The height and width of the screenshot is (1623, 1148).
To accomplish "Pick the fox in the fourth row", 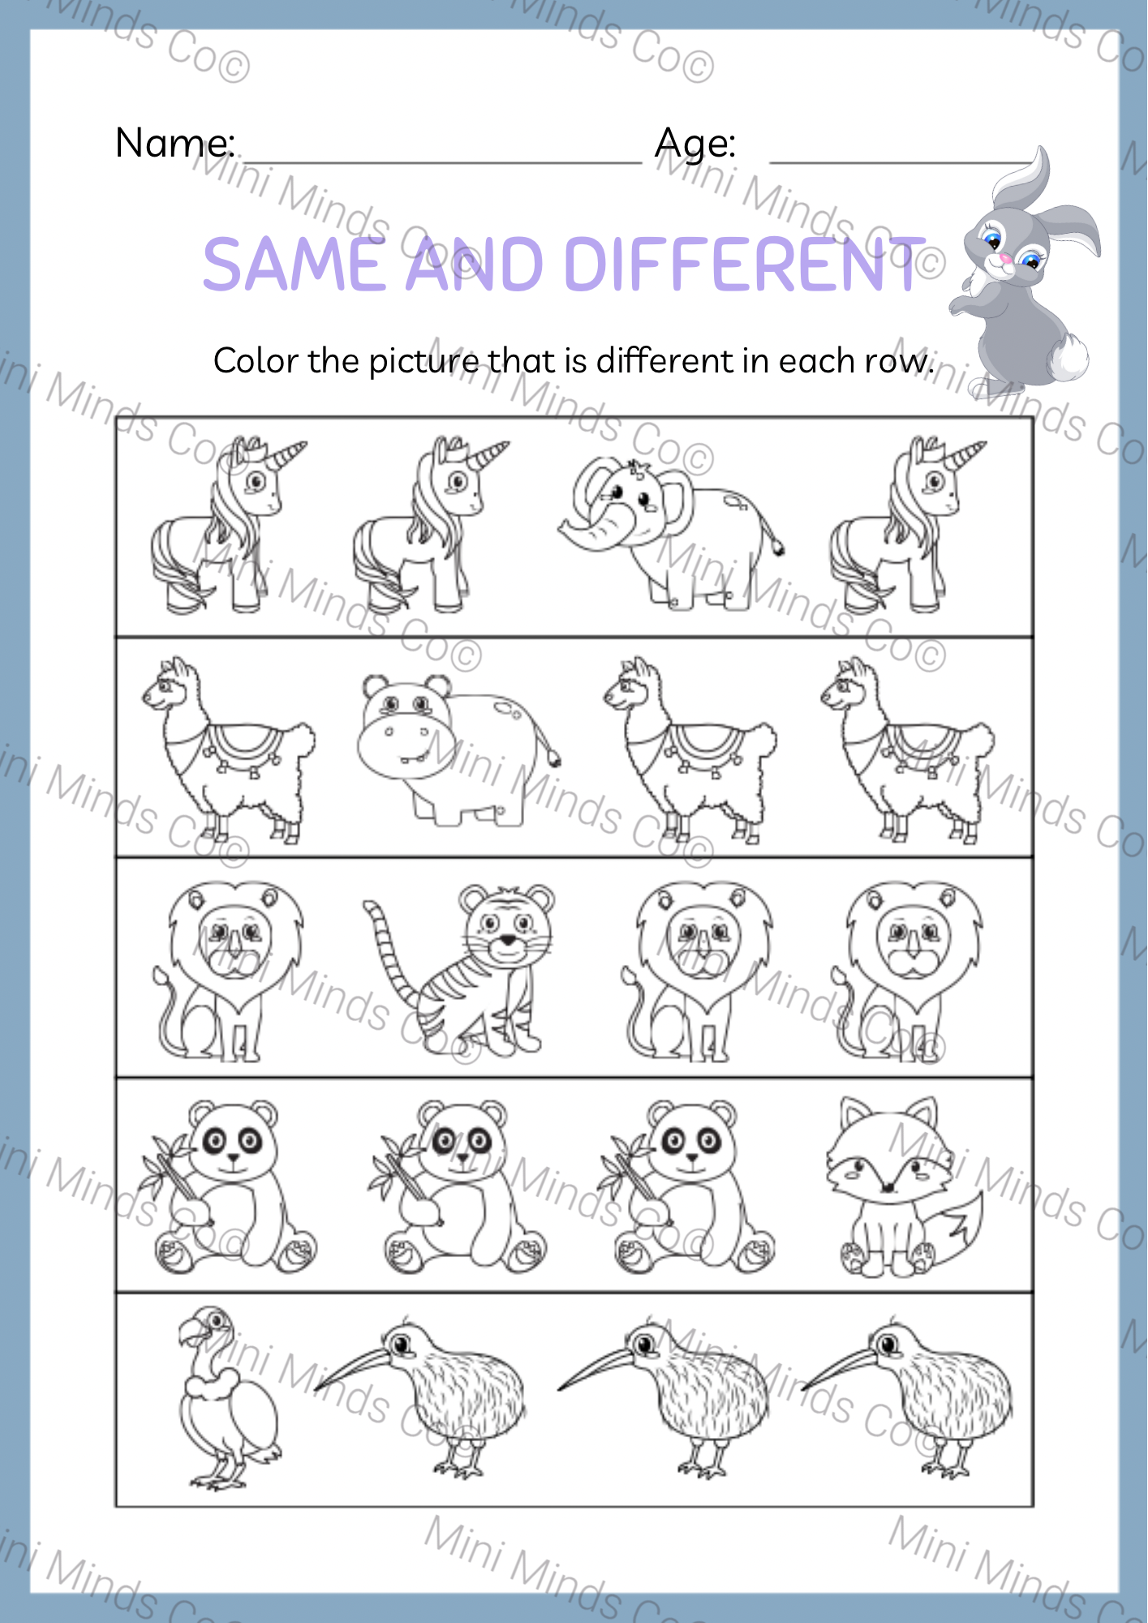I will click(896, 1189).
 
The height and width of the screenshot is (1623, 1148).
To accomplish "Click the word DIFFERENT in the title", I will click(742, 265).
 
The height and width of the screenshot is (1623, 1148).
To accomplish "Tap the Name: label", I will click(175, 144).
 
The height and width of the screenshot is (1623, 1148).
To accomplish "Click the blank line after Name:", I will click(442, 161).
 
